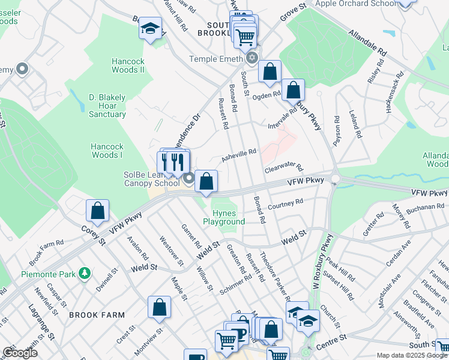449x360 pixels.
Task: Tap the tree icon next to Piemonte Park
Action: [85, 274]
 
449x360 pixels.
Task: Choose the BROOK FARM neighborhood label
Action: [97, 314]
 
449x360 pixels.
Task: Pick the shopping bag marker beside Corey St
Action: [97, 211]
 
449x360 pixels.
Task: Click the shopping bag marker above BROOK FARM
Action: [160, 308]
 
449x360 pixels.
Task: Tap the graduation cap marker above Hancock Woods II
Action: [149, 28]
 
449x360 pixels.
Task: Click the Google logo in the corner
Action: [20, 353]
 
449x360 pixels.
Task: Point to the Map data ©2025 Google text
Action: [412, 355]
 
